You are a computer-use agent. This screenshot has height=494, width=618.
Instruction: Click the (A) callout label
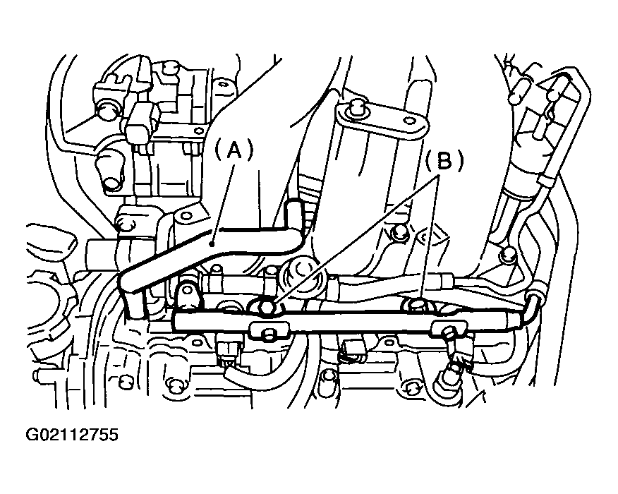pos(234,151)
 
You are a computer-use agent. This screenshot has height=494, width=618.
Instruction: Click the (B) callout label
pos(443,162)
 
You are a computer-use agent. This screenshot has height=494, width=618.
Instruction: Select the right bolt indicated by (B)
pos(416,304)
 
